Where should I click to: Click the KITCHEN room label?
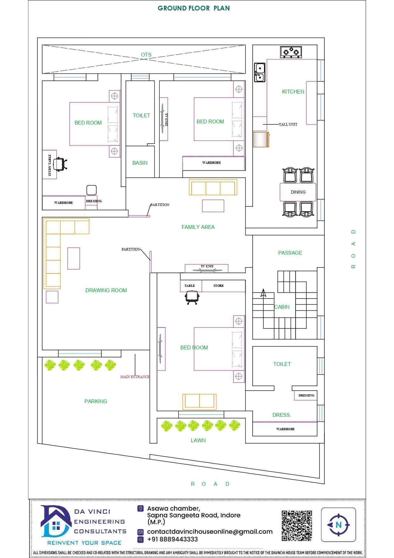pyautogui.click(x=293, y=92)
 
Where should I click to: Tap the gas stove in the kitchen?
pyautogui.click(x=291, y=52)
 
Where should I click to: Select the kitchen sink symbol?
pyautogui.click(x=260, y=72)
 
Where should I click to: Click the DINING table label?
pyautogui.click(x=298, y=192)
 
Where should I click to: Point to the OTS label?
pyautogui.click(x=146, y=55)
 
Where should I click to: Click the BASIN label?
pyautogui.click(x=140, y=163)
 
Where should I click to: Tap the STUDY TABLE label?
pyautogui.click(x=50, y=165)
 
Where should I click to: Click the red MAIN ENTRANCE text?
pyautogui.click(x=135, y=377)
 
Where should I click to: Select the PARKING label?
pyautogui.click(x=96, y=401)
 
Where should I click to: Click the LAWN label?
pyautogui.click(x=198, y=440)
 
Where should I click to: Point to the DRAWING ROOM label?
pyautogui.click(x=106, y=290)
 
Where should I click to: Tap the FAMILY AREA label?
pyautogui.click(x=198, y=227)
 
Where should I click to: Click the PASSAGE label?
pyautogui.click(x=290, y=253)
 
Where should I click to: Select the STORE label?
pyautogui.click(x=219, y=286)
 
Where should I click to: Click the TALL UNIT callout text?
pyautogui.click(x=288, y=124)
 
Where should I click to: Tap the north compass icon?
pyautogui.click(x=338, y=525)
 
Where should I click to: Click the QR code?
pyautogui.click(x=297, y=526)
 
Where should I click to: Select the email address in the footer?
pyautogui.click(x=210, y=532)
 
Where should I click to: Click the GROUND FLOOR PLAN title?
pyautogui.click(x=194, y=8)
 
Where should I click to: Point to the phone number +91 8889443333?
pyautogui.click(x=173, y=539)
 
